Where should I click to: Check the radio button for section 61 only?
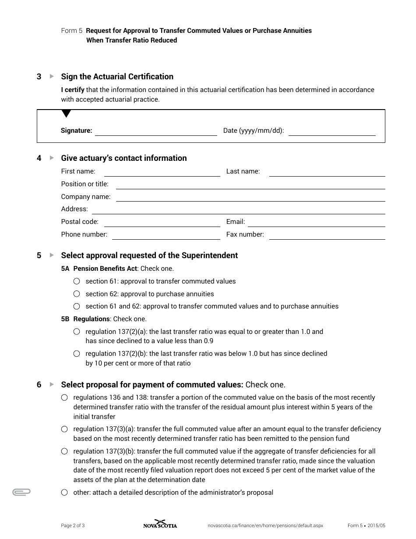(77, 281)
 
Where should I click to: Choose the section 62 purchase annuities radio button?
(77, 294)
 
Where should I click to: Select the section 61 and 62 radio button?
(77, 306)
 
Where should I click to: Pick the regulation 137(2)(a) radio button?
(77, 332)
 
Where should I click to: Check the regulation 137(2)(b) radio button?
(77, 354)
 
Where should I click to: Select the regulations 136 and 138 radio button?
(64, 397)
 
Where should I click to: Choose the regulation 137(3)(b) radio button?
(64, 451)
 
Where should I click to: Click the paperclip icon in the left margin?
(21, 492)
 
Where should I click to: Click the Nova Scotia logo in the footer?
(160, 524)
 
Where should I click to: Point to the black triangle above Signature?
(66, 114)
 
